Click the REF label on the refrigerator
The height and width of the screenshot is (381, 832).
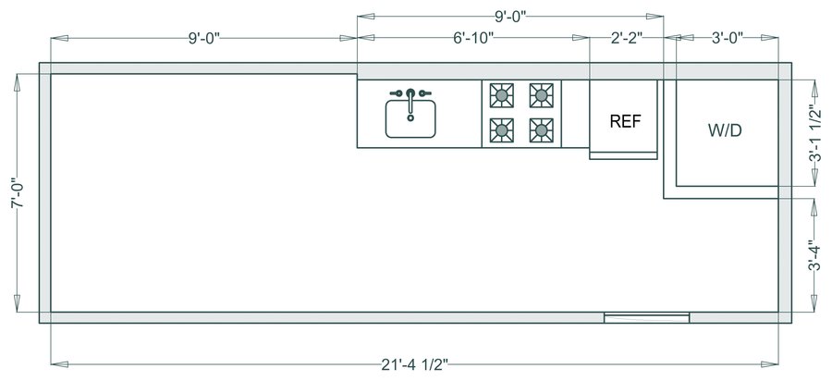(x=625, y=121)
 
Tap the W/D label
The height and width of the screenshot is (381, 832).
(x=725, y=130)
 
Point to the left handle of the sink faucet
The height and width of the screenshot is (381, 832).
(x=394, y=92)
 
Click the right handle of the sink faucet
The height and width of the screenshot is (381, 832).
(x=426, y=92)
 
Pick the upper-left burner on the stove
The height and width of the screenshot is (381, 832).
(x=502, y=94)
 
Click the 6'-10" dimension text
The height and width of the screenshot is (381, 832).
(x=473, y=38)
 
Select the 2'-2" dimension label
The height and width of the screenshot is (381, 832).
(x=626, y=38)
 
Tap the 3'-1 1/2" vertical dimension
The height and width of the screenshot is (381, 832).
(x=816, y=133)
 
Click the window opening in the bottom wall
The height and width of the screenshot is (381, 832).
(x=646, y=318)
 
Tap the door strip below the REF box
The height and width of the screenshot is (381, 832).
(x=623, y=154)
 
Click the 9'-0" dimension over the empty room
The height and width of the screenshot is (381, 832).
(x=204, y=38)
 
